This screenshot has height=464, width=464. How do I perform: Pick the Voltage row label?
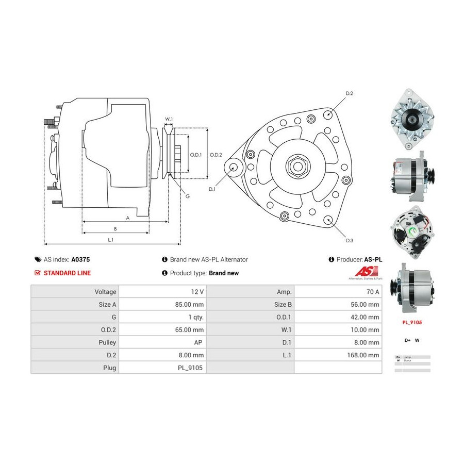[105, 292]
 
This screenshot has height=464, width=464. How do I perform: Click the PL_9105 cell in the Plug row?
[191, 368]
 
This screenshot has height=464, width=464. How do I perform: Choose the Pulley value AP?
[199, 342]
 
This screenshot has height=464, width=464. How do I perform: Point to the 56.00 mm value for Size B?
[365, 304]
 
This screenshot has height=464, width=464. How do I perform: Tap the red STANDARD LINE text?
[67, 273]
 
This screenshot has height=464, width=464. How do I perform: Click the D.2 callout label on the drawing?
[349, 93]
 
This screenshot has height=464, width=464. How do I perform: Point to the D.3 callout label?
[350, 241]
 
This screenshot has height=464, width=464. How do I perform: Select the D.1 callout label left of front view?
[212, 190]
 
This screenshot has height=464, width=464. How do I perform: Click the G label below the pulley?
[188, 196]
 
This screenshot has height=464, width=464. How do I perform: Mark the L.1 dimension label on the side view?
[110, 239]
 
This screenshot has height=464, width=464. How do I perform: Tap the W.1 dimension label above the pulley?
[169, 119]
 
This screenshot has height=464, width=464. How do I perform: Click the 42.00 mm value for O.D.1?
[365, 317]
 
